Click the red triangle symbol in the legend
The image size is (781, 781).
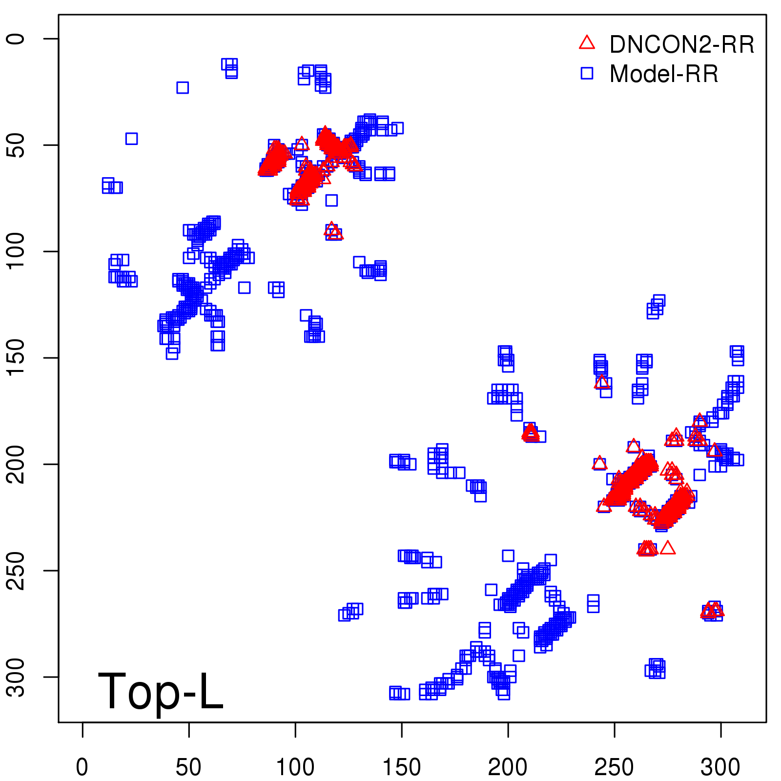[x=587, y=43]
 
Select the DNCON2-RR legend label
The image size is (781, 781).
[x=682, y=45]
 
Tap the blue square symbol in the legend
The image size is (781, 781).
[x=587, y=73]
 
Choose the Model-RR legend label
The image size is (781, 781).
[x=664, y=74]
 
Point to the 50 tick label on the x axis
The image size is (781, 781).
[x=188, y=767]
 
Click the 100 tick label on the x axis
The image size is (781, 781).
[x=295, y=767]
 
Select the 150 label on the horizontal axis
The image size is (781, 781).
[x=401, y=767]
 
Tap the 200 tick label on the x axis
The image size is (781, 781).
[x=508, y=767]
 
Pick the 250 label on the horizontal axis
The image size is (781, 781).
[x=614, y=767]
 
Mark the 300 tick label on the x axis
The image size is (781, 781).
[x=720, y=767]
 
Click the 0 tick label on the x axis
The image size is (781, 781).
[x=82, y=767]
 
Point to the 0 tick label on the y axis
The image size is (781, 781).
[x=17, y=39]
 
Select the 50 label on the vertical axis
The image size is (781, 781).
[x=17, y=145]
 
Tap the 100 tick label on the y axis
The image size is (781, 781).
[x=17, y=251]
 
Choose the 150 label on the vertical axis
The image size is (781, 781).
[x=17, y=358]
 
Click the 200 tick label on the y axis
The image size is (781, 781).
[x=17, y=464]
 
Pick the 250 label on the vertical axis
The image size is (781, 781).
[x=17, y=571]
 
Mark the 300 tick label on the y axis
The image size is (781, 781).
[x=17, y=677]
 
